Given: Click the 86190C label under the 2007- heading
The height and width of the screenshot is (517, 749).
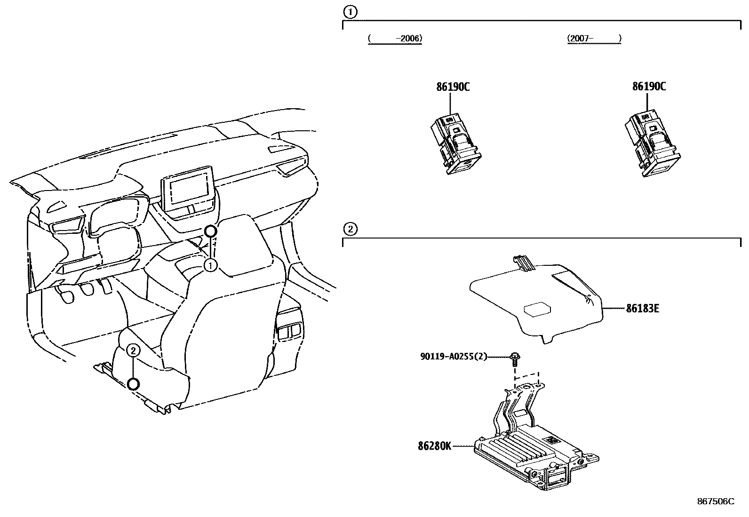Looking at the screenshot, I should [x=649, y=87].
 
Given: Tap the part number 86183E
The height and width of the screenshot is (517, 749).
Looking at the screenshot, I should [x=642, y=309].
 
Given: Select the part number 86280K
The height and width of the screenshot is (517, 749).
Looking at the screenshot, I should [x=434, y=445].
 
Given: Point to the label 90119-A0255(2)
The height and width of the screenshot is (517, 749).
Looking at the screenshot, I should [x=453, y=357].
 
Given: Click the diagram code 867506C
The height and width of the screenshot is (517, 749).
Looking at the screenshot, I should [x=715, y=501].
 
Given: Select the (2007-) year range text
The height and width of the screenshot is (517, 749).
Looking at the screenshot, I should [x=594, y=39].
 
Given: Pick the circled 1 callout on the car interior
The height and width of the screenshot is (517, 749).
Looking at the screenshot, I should [x=210, y=266].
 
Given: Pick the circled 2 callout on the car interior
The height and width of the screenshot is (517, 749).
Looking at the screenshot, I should [x=134, y=350].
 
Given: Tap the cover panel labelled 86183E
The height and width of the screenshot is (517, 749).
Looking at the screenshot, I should [x=536, y=301].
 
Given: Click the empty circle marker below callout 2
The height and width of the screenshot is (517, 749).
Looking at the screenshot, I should [x=134, y=384].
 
